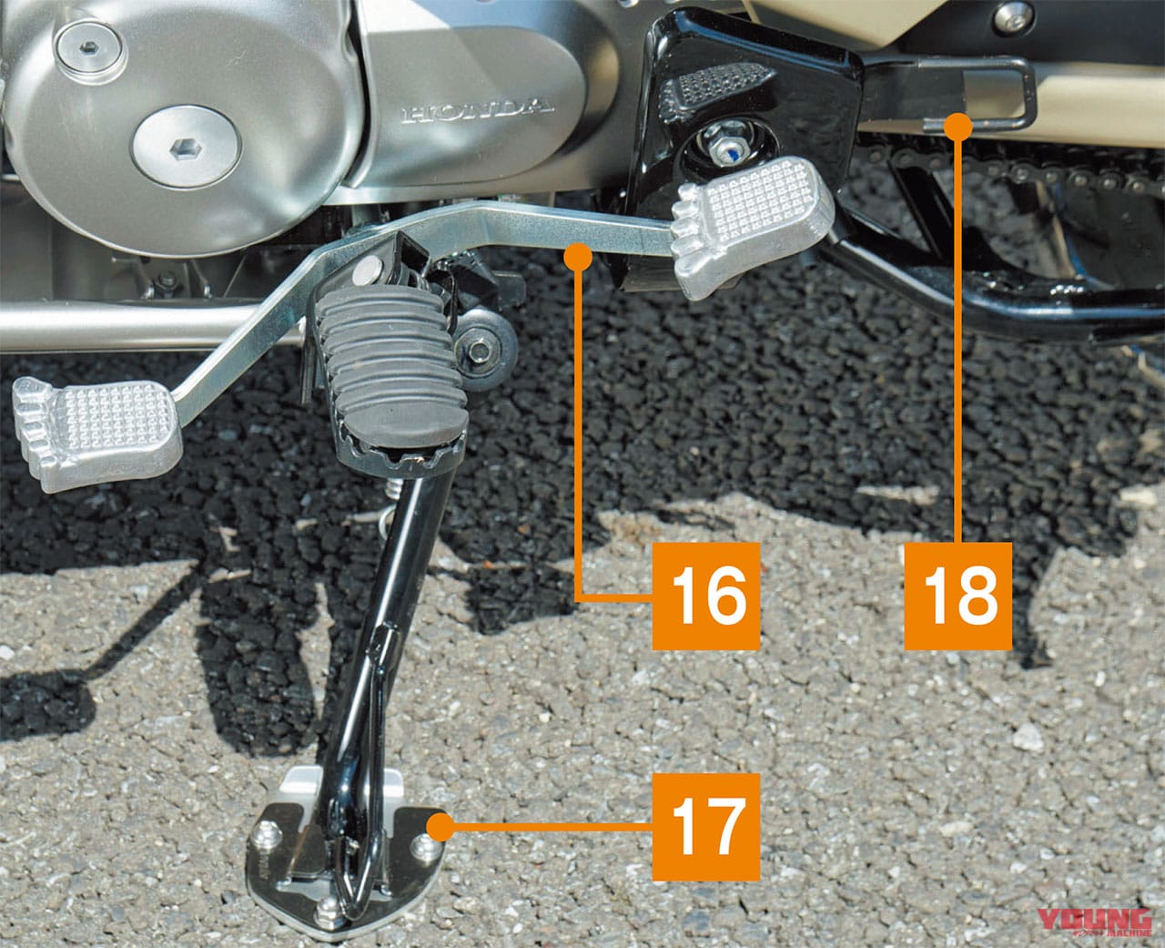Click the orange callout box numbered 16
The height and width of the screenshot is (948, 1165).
click(x=706, y=596)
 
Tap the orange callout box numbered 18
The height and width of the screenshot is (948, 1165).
click(x=957, y=596)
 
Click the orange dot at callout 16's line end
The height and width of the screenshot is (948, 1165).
click(x=577, y=258)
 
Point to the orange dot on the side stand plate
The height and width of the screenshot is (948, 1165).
click(x=440, y=827)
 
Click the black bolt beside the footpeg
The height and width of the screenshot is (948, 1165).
click(x=480, y=349)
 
